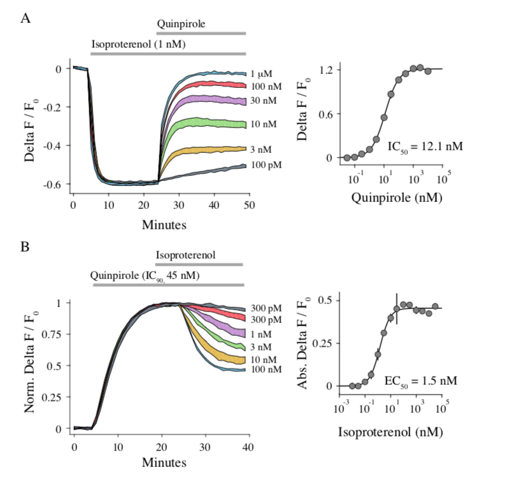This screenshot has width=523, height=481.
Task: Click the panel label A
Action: pyautogui.click(x=26, y=18)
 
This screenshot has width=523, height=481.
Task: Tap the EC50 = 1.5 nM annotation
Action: pyautogui.click(x=421, y=381)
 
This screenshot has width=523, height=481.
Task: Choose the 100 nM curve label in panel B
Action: pyautogui.click(x=266, y=370)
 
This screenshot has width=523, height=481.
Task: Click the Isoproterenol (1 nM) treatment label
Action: pyautogui.click(x=141, y=45)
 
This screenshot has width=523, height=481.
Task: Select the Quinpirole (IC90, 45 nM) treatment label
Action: pyautogui.click(x=150, y=276)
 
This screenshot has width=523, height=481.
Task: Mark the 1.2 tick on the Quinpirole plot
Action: pyautogui.click(x=329, y=69)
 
